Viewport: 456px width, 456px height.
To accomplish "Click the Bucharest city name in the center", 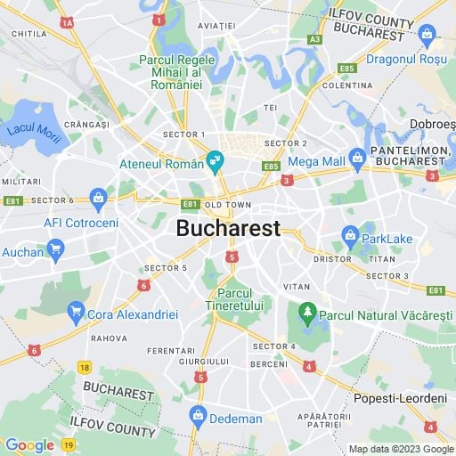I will tap(228, 228).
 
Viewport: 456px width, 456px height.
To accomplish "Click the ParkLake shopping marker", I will tap(350, 238).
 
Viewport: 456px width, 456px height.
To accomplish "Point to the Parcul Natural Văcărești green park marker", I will tap(308, 312).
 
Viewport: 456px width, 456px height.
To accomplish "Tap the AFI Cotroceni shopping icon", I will tap(98, 197).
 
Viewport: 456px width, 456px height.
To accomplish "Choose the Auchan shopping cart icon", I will tap(56, 249).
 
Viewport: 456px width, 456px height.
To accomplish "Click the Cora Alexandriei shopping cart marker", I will tap(77, 313).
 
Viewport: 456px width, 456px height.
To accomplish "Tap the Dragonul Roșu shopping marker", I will tap(427, 36).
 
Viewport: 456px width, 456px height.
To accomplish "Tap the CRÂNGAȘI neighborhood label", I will tap(85, 126).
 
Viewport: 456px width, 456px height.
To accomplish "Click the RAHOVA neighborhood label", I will tap(108, 338).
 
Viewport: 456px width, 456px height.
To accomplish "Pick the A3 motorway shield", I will tap(314, 39).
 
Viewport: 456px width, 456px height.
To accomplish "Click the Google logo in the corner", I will tap(29, 444).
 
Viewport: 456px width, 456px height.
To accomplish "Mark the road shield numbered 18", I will tap(84, 367).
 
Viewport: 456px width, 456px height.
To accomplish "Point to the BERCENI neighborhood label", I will tap(268, 364).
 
